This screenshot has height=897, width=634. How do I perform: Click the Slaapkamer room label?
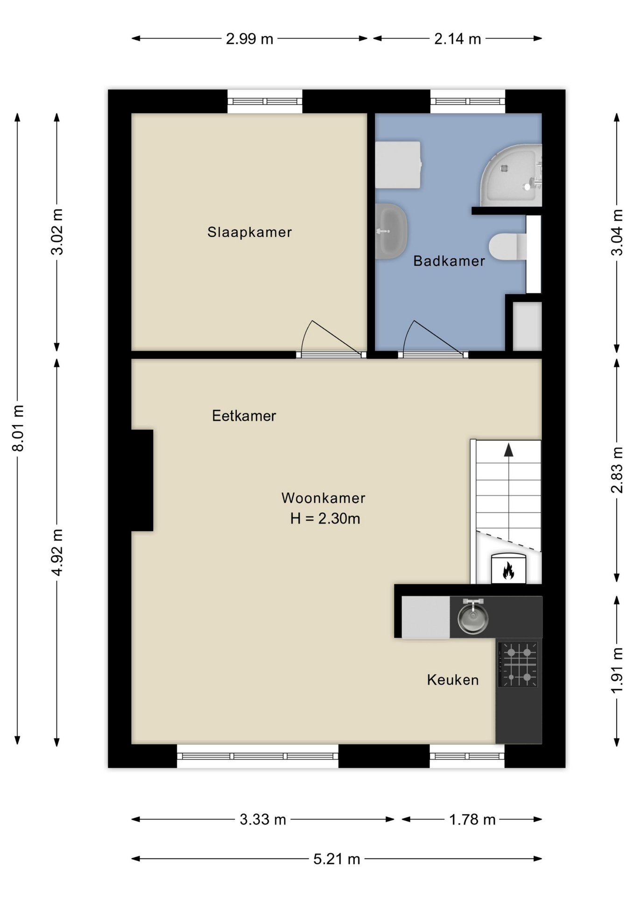pyautogui.click(x=249, y=232)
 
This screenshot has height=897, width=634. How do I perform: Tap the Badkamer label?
pyautogui.click(x=449, y=261)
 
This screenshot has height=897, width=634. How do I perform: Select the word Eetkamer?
pyautogui.click(x=244, y=416)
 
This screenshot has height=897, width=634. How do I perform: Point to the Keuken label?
pyautogui.click(x=453, y=680)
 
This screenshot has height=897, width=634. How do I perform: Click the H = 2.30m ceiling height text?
pyautogui.click(x=325, y=519)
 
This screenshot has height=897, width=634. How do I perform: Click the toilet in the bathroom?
pyautogui.click(x=508, y=246)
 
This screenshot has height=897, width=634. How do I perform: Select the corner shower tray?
pyautogui.click(x=511, y=175)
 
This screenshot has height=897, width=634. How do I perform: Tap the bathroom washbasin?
pyautogui.click(x=391, y=231)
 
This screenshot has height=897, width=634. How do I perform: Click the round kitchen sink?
pyautogui.click(x=473, y=617)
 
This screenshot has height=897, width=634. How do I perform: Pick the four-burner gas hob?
pyautogui.click(x=518, y=664)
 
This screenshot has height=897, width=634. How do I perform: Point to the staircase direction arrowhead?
pyautogui.click(x=508, y=450)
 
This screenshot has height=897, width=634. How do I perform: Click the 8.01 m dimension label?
pyautogui.click(x=18, y=428)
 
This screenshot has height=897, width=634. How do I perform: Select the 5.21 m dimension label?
pyautogui.click(x=337, y=859)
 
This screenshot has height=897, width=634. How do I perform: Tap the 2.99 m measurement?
pyautogui.click(x=249, y=39)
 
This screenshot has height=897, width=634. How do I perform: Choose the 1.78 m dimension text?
pyautogui.click(x=472, y=819)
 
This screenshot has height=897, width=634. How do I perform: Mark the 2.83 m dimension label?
pyautogui.click(x=617, y=470)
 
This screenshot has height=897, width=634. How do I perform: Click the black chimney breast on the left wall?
pyautogui.click(x=142, y=480)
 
